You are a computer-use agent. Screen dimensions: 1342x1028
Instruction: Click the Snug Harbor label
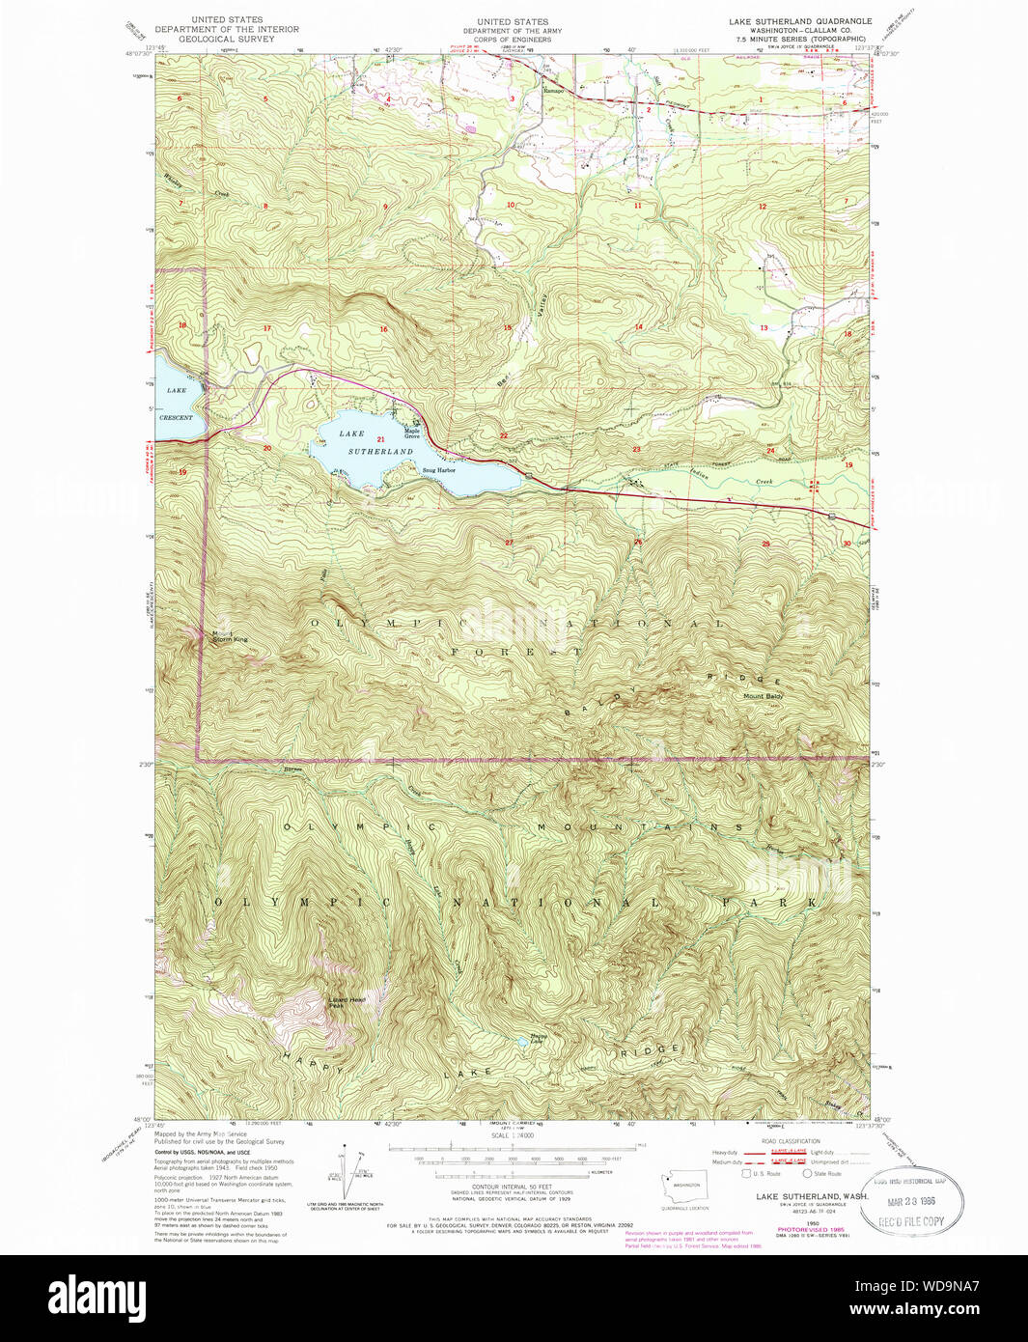pos(438,470)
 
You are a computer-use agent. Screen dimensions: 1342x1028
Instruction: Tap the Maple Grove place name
pos(411,433)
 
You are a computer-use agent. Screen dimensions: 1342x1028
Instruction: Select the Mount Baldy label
pos(763,696)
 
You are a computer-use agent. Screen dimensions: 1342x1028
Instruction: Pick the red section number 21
pos(381,439)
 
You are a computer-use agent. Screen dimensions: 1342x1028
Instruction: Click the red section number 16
pos(383,329)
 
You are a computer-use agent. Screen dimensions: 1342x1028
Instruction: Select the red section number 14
pos(638,327)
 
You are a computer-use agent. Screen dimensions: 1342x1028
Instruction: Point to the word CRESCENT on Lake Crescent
pos(177,418)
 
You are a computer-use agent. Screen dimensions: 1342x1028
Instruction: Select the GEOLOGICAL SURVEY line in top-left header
pos(227,40)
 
